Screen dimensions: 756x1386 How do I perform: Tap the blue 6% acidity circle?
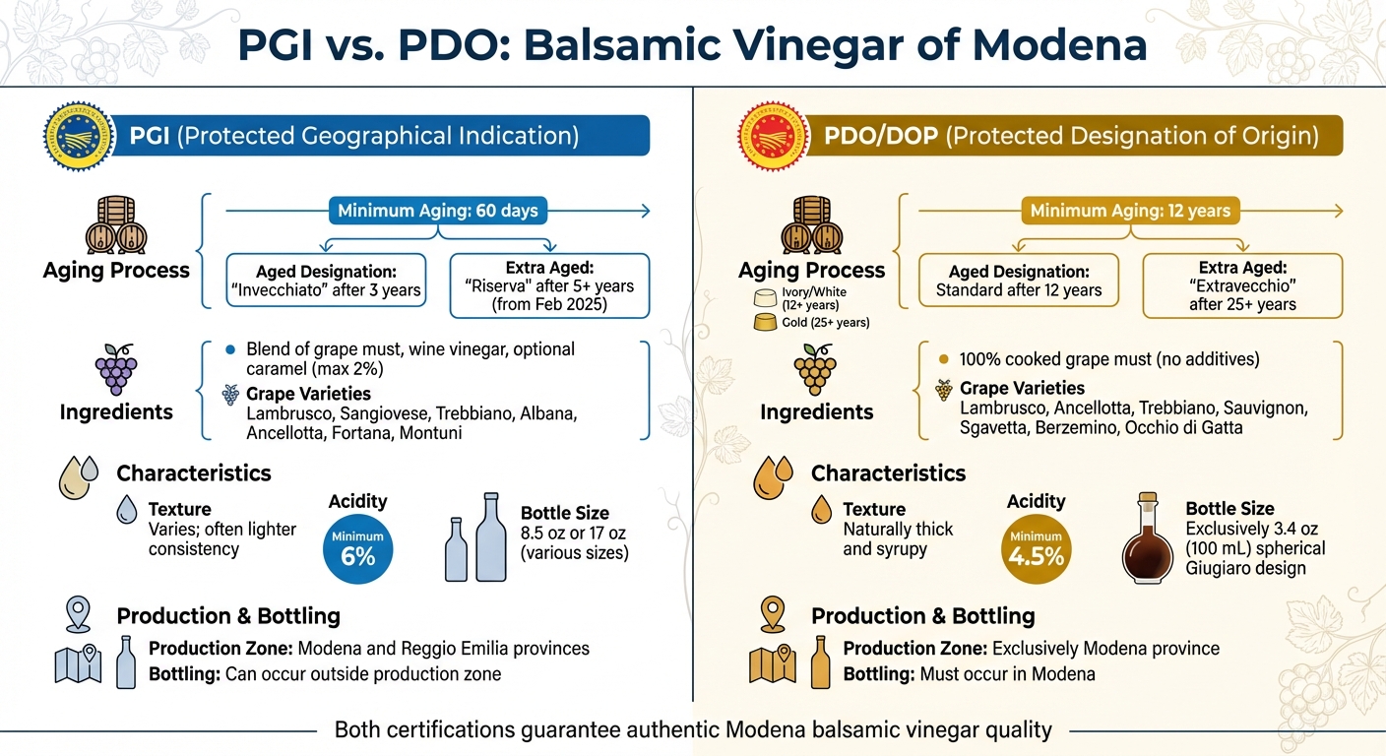pyautogui.click(x=358, y=549)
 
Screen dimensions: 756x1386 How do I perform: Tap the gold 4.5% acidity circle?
pyautogui.click(x=1036, y=549)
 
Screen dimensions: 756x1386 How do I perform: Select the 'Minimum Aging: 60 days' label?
pyautogui.click(x=437, y=211)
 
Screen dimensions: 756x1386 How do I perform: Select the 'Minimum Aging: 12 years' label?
pyautogui.click(x=1130, y=211)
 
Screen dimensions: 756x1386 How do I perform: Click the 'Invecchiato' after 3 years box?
pyautogui.click(x=326, y=282)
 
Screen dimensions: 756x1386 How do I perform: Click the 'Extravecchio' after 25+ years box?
pyautogui.click(x=1241, y=285)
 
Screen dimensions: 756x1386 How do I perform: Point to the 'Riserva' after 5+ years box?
pyautogui.click(x=548, y=285)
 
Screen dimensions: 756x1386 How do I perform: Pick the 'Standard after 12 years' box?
pyautogui.click(x=1019, y=282)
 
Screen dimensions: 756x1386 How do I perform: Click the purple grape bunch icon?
pyautogui.click(x=115, y=369)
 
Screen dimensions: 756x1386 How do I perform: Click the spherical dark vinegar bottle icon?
pyautogui.click(x=1147, y=543)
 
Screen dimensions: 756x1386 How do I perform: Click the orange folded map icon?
pyautogui.click(x=773, y=664)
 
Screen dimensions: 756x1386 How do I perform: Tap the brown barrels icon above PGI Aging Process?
pyautogui.click(x=115, y=226)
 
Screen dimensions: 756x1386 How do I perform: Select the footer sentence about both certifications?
pyautogui.click(x=693, y=730)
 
